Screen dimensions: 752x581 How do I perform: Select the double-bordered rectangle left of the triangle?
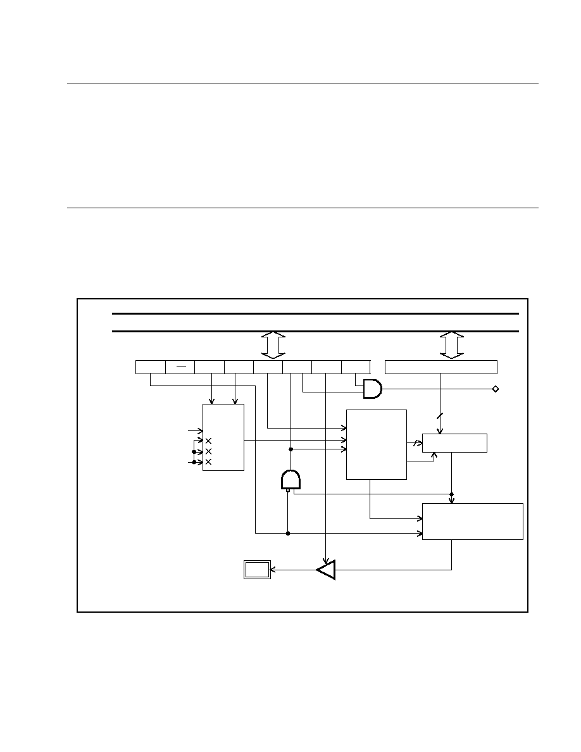pos(257,570)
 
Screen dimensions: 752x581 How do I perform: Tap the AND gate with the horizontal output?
pos(372,389)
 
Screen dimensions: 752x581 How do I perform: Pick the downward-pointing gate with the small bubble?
pos(290,480)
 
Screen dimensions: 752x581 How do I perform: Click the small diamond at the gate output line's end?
pos(496,389)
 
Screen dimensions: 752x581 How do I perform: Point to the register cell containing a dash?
pos(180,367)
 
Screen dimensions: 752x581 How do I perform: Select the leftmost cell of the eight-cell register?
pos(151,367)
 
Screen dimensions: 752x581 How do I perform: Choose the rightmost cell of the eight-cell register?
pos(356,367)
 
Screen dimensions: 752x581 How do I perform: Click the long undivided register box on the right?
pos(441,367)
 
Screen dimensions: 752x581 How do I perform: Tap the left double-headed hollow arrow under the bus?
pos(273,344)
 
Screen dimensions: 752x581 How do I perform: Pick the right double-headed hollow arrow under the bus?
pos(451,344)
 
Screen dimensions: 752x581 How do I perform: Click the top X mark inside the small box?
pos(208,441)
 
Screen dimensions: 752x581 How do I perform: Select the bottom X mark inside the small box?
pos(208,462)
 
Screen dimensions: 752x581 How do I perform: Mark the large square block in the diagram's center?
pos(377,444)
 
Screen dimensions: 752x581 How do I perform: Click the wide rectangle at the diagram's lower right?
pos(473,522)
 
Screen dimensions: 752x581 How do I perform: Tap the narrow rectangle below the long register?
pos(455,443)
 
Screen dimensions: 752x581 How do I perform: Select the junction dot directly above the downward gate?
pos(290,449)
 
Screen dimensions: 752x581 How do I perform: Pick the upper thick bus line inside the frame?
pos(315,313)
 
